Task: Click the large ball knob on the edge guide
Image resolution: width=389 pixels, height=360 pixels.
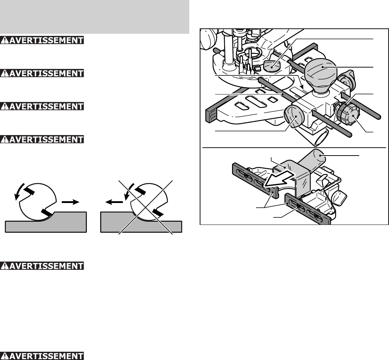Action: click(x=320, y=74)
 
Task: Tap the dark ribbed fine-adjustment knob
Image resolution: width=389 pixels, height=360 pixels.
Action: click(x=348, y=115)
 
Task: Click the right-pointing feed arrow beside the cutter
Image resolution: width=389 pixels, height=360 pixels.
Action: click(x=70, y=202)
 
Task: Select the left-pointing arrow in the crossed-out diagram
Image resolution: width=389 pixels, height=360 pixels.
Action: click(x=114, y=202)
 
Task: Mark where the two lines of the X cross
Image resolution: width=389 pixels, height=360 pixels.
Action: click(x=146, y=207)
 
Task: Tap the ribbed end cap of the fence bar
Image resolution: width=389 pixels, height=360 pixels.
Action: click(x=212, y=115)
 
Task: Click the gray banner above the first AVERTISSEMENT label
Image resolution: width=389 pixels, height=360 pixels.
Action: click(x=94, y=17)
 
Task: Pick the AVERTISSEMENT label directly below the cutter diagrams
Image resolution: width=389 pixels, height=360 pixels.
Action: click(x=42, y=266)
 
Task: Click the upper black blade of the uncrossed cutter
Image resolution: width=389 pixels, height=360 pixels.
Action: click(x=29, y=191)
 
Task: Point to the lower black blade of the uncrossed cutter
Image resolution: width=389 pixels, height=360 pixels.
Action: click(x=47, y=212)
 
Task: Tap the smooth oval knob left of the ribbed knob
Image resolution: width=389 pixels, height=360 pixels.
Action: click(x=294, y=116)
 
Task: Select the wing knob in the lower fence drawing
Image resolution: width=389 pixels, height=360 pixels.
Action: click(x=339, y=197)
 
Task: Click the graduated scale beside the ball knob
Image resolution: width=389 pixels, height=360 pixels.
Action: click(x=299, y=91)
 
